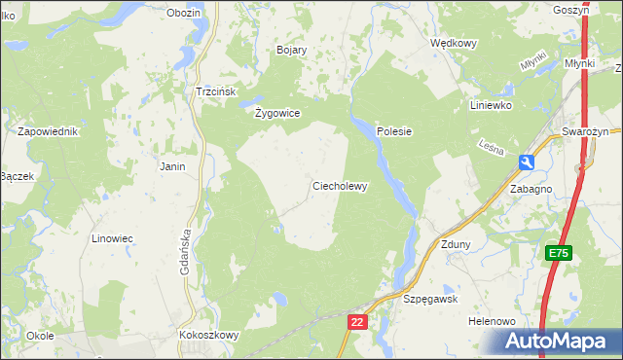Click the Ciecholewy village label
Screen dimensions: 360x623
(x=339, y=186)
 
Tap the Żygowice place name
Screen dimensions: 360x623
(x=277, y=113)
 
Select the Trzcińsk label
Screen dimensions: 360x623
(x=217, y=90)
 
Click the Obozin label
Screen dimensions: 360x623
(x=183, y=13)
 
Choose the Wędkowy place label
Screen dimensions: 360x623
(x=454, y=43)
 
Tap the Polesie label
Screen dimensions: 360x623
(x=395, y=131)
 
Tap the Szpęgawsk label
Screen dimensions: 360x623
(x=430, y=300)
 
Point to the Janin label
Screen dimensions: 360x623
(x=172, y=166)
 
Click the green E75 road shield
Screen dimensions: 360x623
(x=558, y=253)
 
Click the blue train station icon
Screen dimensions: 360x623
(x=527, y=162)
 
